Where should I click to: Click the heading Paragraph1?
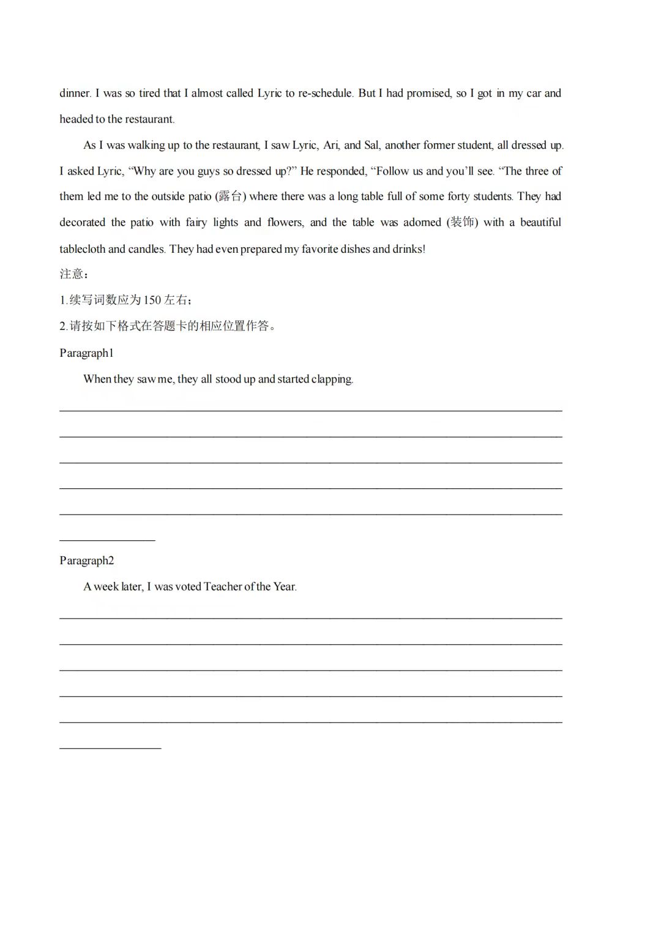click(x=86, y=353)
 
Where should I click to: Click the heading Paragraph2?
click(x=86, y=561)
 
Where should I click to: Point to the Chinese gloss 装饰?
click(x=462, y=222)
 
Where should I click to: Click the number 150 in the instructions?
click(x=152, y=300)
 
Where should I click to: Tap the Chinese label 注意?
click(x=72, y=274)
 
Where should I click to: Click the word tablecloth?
click(x=83, y=249)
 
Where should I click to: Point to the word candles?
click(x=146, y=249)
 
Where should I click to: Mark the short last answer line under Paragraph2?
click(x=110, y=748)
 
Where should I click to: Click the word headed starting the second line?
click(x=76, y=119)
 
